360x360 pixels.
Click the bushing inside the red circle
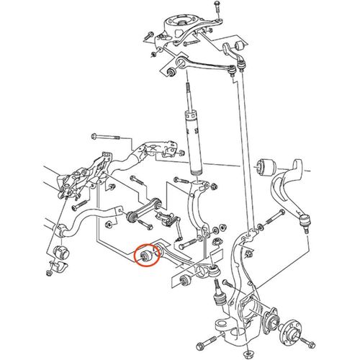coord(147,254)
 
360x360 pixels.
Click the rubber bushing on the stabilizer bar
coord(61,253)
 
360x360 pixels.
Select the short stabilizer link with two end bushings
coord(143,211)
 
